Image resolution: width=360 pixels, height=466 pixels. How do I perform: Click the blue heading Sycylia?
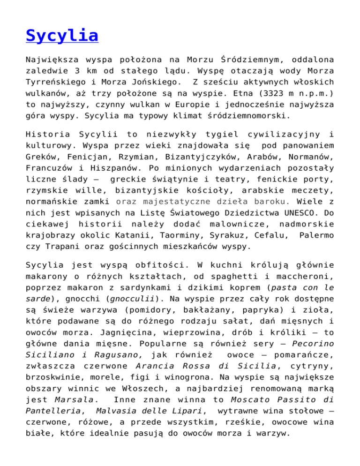pyautogui.click(x=62, y=35)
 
